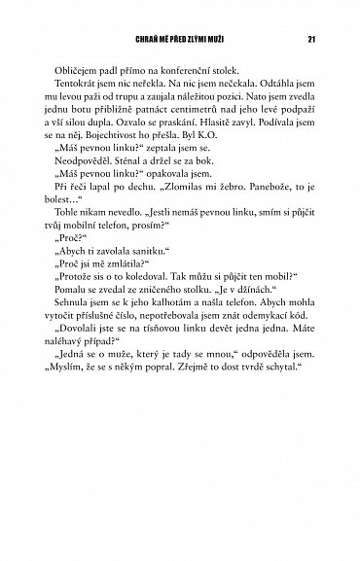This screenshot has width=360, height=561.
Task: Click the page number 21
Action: coord(309,39)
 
